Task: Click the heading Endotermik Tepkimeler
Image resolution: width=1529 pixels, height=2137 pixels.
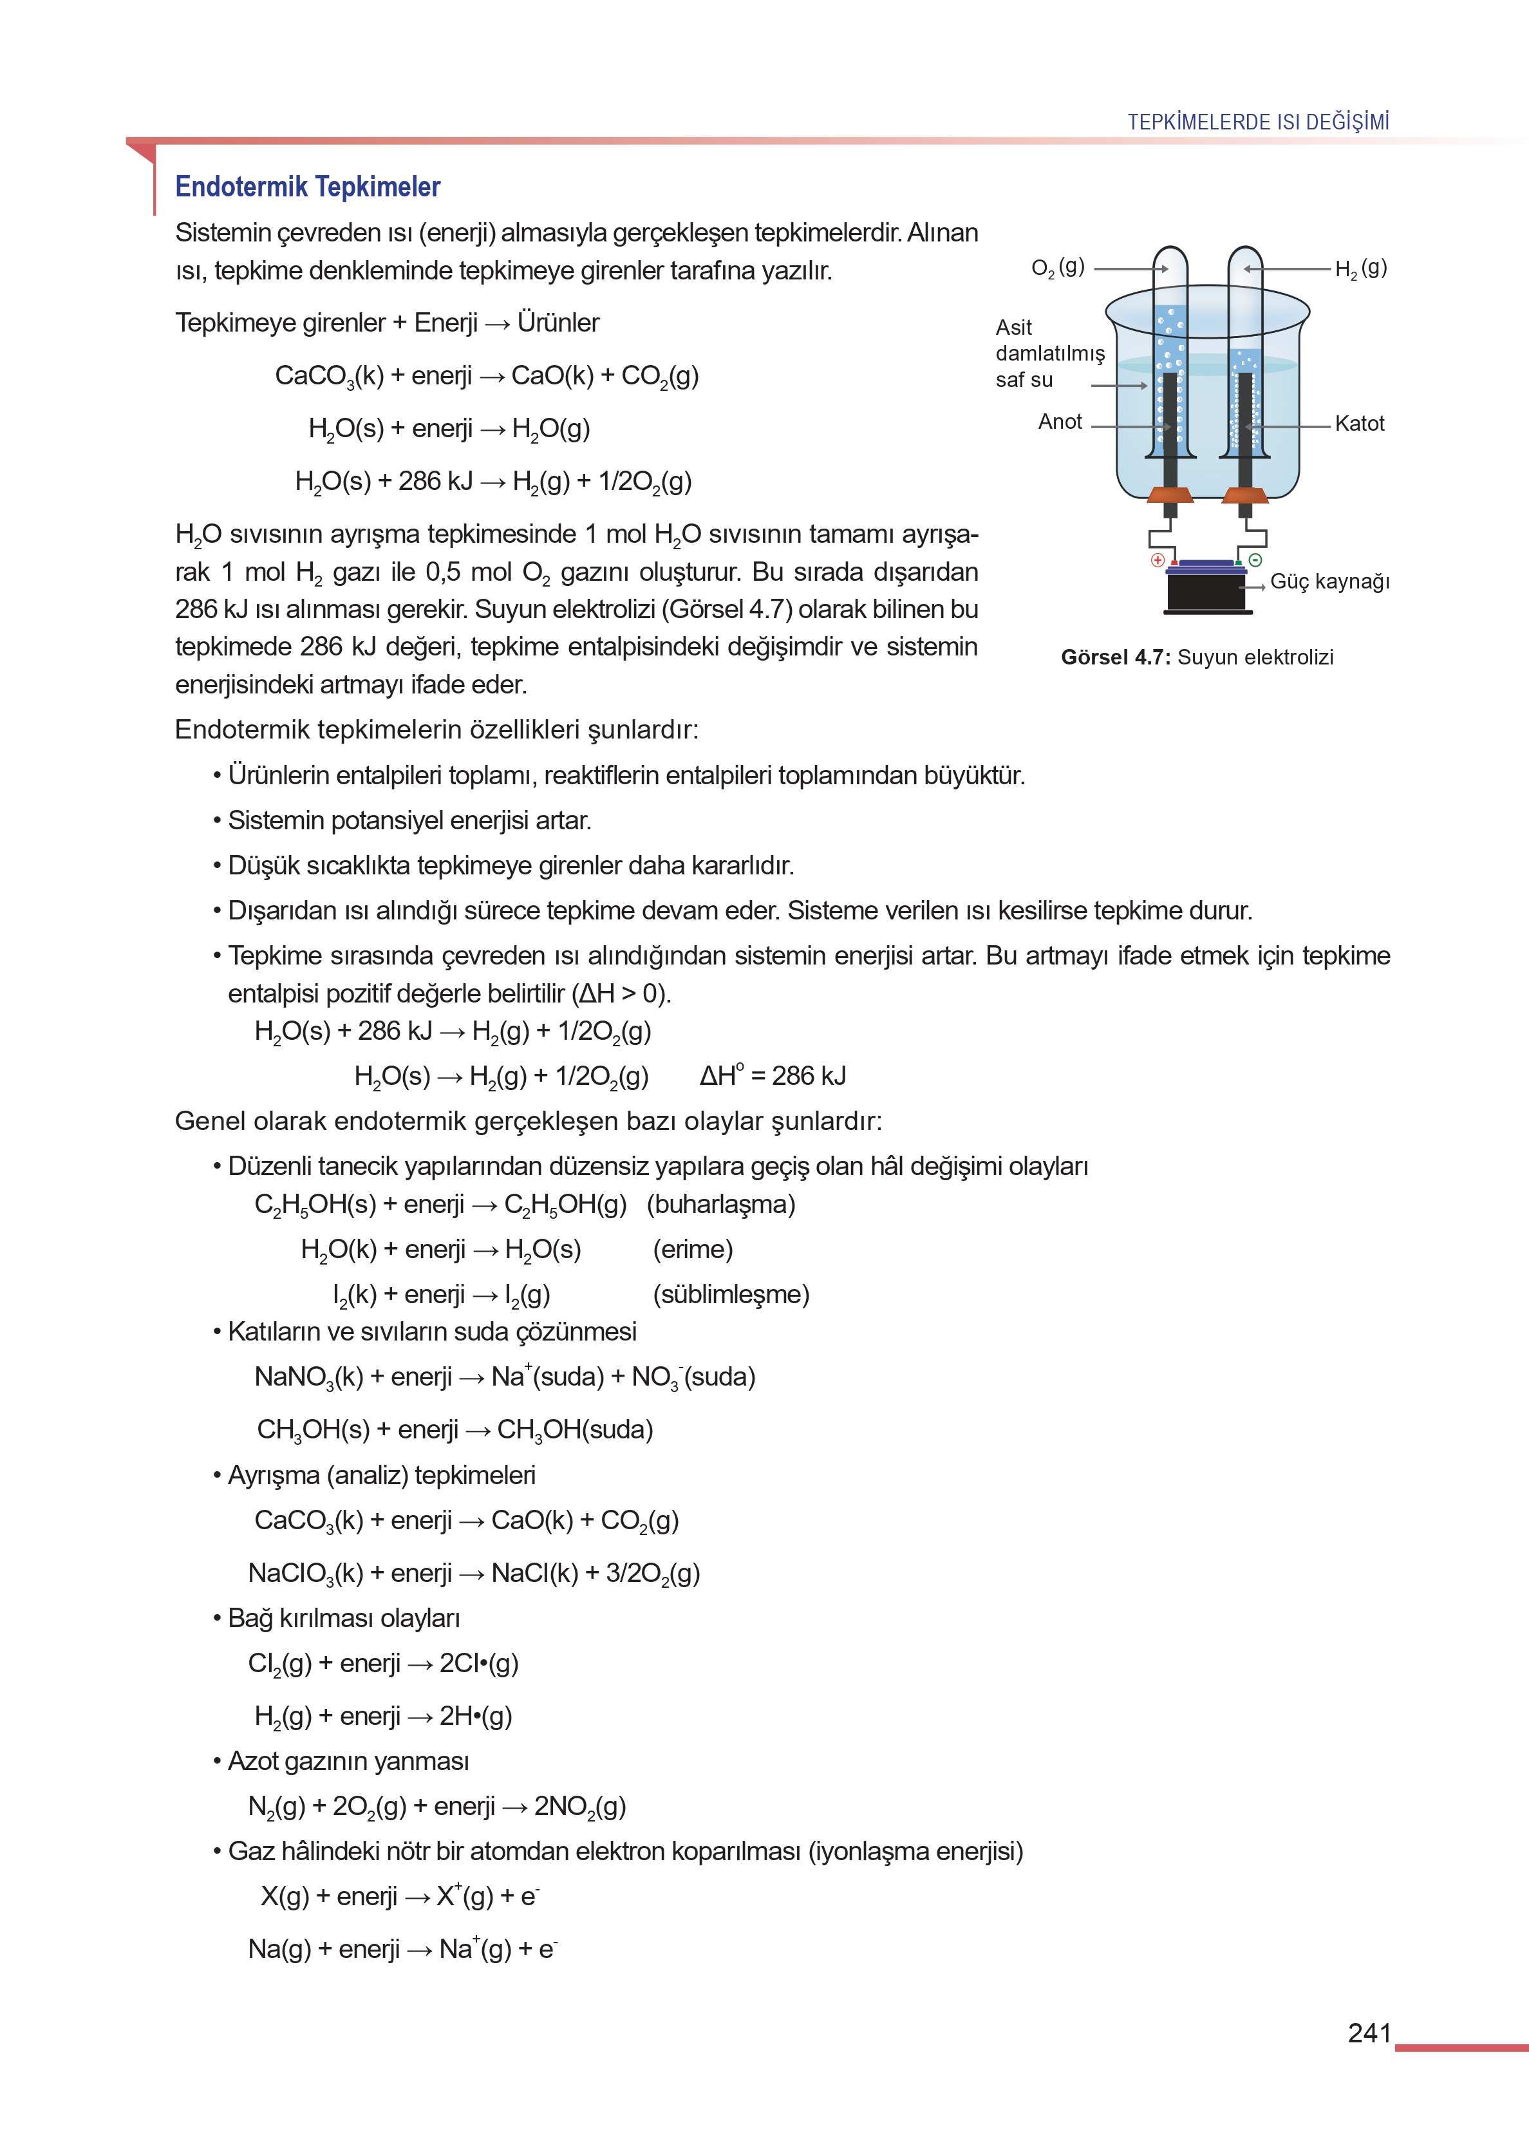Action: tap(307, 186)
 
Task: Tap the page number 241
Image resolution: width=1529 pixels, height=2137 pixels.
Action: tap(1369, 2033)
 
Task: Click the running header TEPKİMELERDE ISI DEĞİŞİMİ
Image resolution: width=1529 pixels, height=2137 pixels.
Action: tap(1258, 122)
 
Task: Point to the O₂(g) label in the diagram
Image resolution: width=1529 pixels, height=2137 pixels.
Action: tap(1057, 267)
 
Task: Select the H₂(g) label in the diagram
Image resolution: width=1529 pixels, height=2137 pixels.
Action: tap(1360, 268)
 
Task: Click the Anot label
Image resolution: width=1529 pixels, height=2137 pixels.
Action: tap(1060, 422)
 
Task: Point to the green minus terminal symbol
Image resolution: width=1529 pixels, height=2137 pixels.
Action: tap(1255, 560)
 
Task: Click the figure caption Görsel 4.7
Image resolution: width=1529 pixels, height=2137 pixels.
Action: tap(1197, 657)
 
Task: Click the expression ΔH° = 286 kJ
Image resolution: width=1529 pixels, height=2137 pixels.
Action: tap(772, 1075)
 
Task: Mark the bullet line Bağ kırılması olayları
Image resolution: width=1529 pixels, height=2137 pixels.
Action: tap(344, 1617)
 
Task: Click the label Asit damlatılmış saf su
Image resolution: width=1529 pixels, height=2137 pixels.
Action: tap(1049, 353)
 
